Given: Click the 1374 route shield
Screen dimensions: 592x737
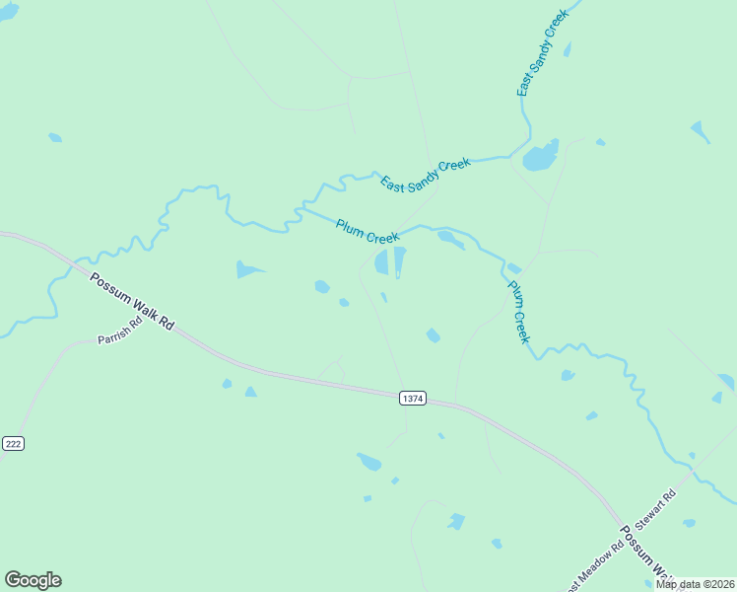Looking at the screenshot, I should pos(413,399).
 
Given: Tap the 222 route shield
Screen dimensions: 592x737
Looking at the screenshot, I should pos(12,444).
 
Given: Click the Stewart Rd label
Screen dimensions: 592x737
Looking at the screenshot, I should pos(656,509).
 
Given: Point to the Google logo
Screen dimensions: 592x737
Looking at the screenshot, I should pos(33,580).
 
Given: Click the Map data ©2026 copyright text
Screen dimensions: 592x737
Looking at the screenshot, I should pos(696,583).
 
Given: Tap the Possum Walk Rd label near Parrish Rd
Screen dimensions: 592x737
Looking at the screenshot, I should pos(131,302).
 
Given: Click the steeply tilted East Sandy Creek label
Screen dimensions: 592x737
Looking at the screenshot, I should pos(543,54).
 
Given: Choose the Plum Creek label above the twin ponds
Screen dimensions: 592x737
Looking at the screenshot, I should pos(367,232).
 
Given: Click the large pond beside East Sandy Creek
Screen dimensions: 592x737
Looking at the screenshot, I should pos(540,156).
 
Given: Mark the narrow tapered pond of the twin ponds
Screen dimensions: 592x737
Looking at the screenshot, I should pos(399,261).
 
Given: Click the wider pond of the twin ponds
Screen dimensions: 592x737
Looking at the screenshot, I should pos(381,262).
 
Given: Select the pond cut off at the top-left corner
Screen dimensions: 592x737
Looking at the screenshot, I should pos(8,10).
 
